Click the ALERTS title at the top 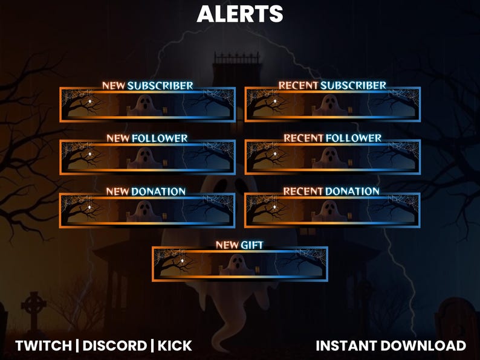[x=239, y=14]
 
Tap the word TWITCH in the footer [x=44, y=346]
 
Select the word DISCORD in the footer [x=115, y=346]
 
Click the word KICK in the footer [x=175, y=346]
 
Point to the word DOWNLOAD [x=423, y=346]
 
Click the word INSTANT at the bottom [x=347, y=346]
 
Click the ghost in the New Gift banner [x=237, y=265]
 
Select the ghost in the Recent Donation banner [x=329, y=211]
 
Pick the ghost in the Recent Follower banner [x=329, y=158]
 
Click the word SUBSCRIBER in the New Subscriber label [x=160, y=86]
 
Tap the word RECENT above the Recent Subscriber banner [x=299, y=85]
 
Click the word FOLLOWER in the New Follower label [x=160, y=138]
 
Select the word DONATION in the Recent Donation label [x=352, y=191]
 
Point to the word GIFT [x=252, y=245]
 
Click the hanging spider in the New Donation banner [x=89, y=207]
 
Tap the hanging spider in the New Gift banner [x=182, y=260]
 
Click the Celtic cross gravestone [x=34, y=310]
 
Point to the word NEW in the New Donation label [x=117, y=191]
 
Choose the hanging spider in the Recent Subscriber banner [x=275, y=101]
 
